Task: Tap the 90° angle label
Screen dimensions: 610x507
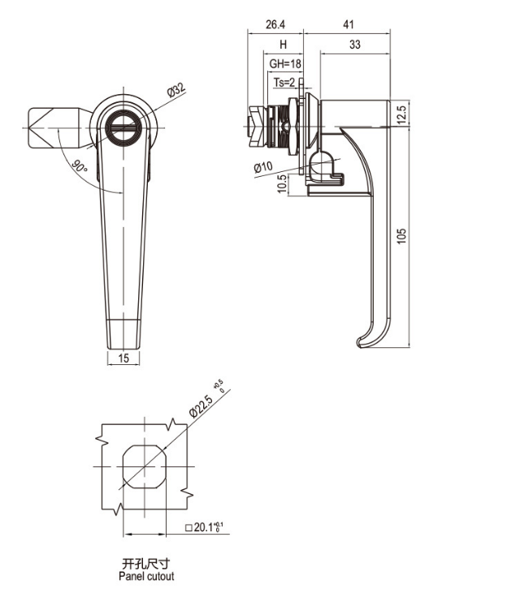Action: point(79,167)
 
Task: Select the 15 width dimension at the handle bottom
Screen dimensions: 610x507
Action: point(123,358)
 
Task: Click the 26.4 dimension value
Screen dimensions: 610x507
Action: point(275,24)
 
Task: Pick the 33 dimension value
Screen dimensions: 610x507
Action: point(354,45)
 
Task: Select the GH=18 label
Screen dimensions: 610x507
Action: point(283,63)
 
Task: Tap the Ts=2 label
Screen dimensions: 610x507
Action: point(286,81)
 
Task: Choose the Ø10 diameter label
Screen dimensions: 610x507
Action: point(262,167)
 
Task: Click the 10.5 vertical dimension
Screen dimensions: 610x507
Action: point(282,183)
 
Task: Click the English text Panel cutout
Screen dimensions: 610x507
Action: point(146,577)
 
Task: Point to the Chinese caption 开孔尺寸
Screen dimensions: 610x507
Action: point(146,564)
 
